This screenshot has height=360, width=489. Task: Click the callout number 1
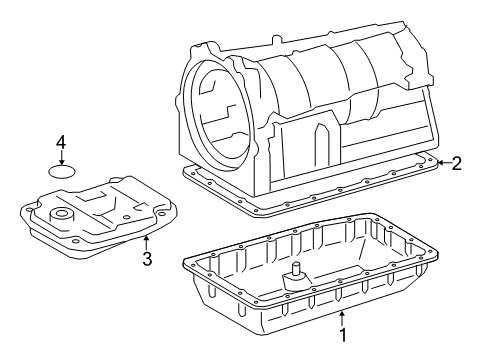tap(343, 334)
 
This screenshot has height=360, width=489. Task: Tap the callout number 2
tap(456, 164)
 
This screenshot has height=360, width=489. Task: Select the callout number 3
tap(147, 258)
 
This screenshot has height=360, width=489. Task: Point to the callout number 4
tap(61, 143)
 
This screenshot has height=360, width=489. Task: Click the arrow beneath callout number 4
tap(61, 157)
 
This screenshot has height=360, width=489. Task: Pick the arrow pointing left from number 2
tap(444, 163)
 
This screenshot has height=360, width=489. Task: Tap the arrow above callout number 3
tap(146, 242)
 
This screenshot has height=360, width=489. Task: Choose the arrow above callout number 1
tap(342, 318)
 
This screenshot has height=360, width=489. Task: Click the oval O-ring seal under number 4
tap(62, 171)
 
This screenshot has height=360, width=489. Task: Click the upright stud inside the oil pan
tap(295, 269)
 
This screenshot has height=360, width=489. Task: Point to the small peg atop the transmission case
tap(276, 39)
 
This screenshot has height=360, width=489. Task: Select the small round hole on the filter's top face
tap(126, 217)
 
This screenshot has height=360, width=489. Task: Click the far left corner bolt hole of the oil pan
tap(192, 265)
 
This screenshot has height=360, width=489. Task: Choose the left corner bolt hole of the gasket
tap(193, 173)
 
